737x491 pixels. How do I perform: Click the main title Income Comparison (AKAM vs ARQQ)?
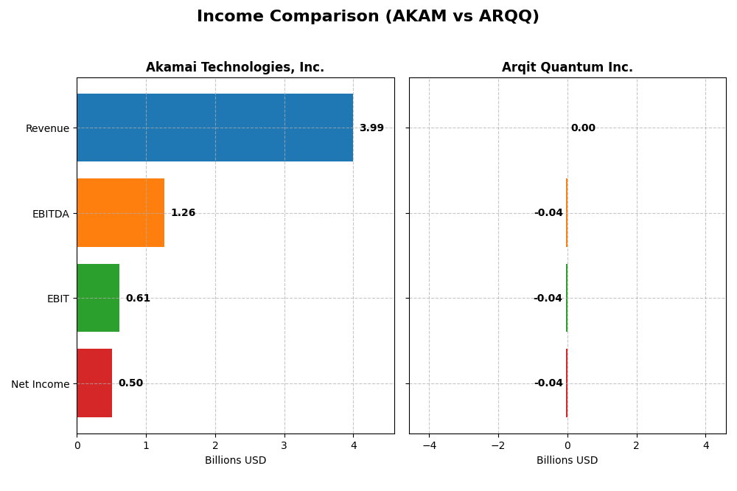click(368, 16)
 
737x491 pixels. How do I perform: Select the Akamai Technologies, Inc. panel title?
click(234, 67)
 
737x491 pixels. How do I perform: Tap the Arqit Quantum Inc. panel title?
click(567, 67)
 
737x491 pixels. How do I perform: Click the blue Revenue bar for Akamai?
click(214, 128)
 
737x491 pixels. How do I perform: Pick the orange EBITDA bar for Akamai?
click(120, 212)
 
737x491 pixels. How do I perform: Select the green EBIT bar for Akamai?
click(98, 298)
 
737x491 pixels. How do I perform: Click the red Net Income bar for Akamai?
click(94, 383)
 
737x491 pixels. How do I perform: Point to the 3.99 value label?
click(371, 128)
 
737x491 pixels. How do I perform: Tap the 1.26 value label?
click(183, 213)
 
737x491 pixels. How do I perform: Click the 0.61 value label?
click(138, 299)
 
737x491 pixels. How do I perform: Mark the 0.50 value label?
click(130, 383)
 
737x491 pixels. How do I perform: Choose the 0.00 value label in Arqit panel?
click(583, 128)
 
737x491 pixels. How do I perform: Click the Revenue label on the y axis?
click(47, 128)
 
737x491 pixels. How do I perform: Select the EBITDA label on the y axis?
click(50, 214)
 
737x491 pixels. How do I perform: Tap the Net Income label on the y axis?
click(41, 384)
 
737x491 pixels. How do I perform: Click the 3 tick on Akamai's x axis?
click(284, 445)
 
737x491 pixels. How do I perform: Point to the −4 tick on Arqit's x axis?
click(429, 445)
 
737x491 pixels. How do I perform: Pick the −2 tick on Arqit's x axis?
click(498, 445)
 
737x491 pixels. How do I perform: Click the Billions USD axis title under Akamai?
click(235, 461)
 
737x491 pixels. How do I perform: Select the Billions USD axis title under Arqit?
click(567, 461)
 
